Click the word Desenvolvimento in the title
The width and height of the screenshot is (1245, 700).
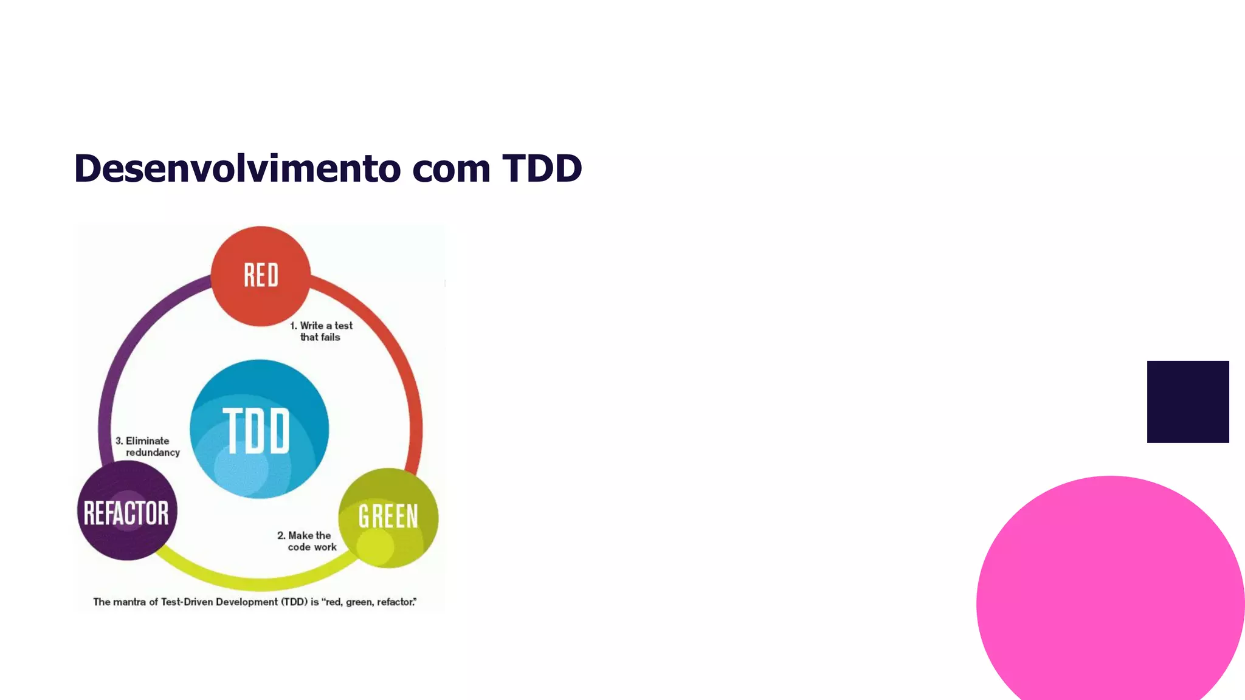[x=236, y=168]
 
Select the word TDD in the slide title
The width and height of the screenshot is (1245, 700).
[x=542, y=168]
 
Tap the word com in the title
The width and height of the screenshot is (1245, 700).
[x=450, y=170]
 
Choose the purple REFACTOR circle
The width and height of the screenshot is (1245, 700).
[x=127, y=510]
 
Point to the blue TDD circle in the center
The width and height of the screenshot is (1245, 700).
[x=260, y=429]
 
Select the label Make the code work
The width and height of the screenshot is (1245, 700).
[x=306, y=541]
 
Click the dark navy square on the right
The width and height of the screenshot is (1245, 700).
[x=1187, y=402]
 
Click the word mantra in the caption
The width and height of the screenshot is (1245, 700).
[x=129, y=602]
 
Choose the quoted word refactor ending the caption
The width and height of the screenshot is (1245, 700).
[x=396, y=602]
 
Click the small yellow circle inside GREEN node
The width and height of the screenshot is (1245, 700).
[x=375, y=545]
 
